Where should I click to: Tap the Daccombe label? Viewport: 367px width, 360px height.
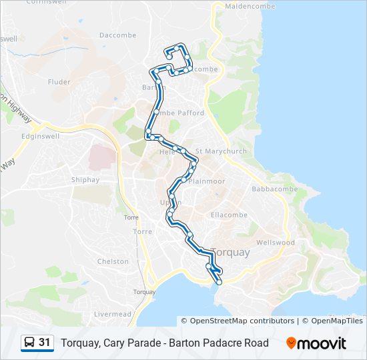[117, 35]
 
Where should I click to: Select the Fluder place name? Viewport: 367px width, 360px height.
[59, 83]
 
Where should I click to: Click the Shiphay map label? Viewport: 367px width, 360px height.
[85, 179]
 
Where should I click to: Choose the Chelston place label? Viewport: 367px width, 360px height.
[113, 261]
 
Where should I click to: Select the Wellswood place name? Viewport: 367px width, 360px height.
[275, 243]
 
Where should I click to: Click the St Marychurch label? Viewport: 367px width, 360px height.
[221, 151]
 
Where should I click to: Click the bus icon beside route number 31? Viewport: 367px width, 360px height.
[29, 343]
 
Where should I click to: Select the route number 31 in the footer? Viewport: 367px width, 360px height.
[45, 343]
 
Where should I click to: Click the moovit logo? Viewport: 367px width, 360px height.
[316, 343]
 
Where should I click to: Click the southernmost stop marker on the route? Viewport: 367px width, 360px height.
[219, 283]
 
